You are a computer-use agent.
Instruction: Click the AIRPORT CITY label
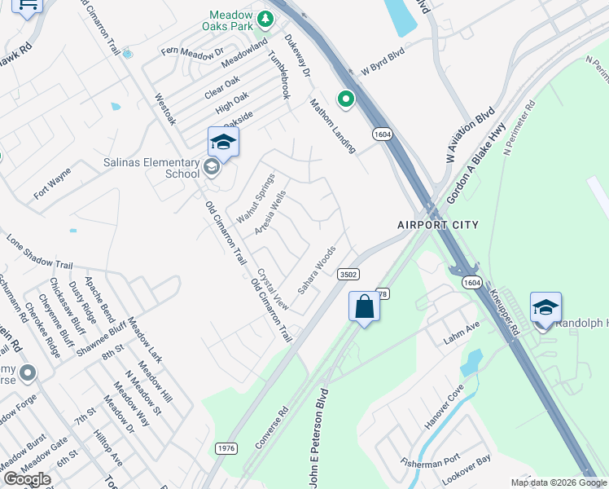pos(437,224)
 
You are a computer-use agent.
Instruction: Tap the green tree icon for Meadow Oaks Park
pos(265,18)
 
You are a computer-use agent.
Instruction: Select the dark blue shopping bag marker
pos(364,307)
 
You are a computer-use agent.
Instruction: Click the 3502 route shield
pos(348,275)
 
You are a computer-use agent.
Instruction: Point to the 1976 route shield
pos(227,448)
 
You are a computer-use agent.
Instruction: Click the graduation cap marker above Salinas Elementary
pos(223,143)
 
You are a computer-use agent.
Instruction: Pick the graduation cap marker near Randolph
pos(545,308)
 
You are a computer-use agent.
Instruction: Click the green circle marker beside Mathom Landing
pos(346,99)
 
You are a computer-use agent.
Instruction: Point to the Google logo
pos(26,479)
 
